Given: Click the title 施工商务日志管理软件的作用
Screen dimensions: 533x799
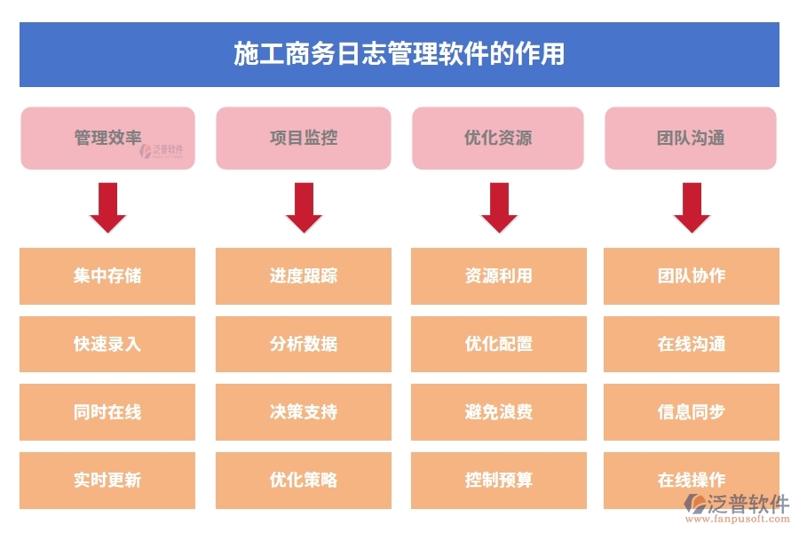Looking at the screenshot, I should [x=399, y=54].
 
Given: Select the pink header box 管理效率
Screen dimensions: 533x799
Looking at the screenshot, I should [x=107, y=138].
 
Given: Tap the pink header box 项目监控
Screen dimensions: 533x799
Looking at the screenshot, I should [x=303, y=138].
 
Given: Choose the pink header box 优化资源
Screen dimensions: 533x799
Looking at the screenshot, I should [x=498, y=138].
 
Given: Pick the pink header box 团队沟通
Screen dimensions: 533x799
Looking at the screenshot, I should [x=691, y=138].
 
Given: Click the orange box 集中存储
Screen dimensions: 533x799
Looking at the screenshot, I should [x=107, y=275].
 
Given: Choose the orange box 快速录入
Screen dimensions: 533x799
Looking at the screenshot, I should [x=107, y=344].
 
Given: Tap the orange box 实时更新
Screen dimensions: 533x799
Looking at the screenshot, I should [x=107, y=480].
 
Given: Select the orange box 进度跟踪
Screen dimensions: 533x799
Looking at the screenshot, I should [x=304, y=275].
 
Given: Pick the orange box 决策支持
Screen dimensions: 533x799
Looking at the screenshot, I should [x=304, y=412].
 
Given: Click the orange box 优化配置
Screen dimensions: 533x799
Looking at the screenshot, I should [x=499, y=344].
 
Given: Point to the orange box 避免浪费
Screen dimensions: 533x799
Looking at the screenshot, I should [x=499, y=412].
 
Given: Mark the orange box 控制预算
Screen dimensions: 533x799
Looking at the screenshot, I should [x=499, y=480].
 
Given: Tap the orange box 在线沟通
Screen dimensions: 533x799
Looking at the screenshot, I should [x=692, y=344].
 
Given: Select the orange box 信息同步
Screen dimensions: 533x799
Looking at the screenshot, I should [x=692, y=412].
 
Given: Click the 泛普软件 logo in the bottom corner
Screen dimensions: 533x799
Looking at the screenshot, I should [x=736, y=507].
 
